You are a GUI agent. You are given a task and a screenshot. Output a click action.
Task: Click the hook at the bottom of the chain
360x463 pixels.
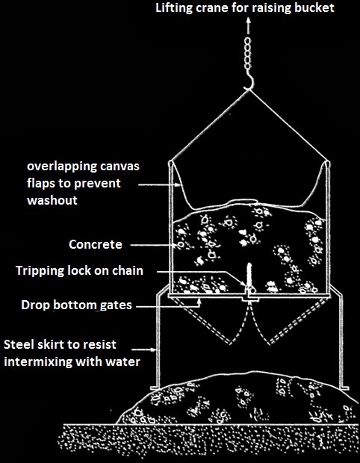coord(250,81)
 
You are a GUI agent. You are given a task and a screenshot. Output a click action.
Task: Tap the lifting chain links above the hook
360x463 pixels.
coord(247,54)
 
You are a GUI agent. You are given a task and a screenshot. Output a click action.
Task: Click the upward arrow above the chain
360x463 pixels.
coord(249,26)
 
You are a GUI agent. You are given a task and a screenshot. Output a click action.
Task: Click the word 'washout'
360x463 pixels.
coord(52,200)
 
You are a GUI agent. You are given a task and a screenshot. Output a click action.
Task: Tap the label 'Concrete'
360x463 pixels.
coord(96,244)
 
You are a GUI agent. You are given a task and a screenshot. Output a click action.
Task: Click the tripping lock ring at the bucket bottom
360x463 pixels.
coord(249,288)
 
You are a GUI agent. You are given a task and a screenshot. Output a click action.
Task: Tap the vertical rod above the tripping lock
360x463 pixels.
coord(249,273)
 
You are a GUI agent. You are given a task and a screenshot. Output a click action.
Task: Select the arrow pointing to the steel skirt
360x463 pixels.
coord(144,349)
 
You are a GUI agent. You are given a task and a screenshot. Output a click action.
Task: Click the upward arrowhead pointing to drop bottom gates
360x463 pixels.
coord(200,300)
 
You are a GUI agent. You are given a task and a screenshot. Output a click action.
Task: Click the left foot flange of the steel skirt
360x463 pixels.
coord(155,388)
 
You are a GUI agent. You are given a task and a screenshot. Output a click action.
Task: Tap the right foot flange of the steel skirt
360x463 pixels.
coord(344,388)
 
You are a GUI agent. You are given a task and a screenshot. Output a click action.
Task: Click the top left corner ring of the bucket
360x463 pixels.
coord(170,163)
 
